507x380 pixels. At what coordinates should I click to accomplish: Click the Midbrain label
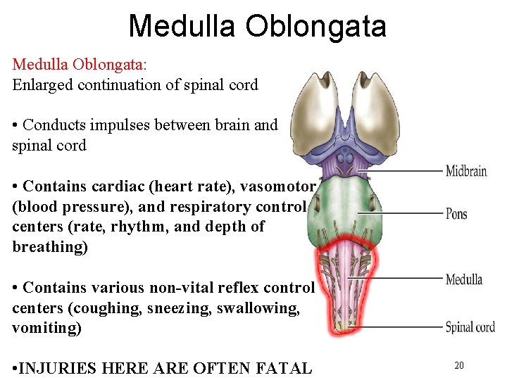[x=465, y=171]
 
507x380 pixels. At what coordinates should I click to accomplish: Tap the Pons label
[x=456, y=214]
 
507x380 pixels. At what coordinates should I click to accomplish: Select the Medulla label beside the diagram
[x=463, y=280]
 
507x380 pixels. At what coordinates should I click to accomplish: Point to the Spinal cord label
[x=470, y=327]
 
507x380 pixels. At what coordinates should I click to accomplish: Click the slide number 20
[x=458, y=365]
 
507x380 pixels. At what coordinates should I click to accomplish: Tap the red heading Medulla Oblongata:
[x=80, y=64]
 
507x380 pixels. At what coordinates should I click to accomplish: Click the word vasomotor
[x=278, y=186]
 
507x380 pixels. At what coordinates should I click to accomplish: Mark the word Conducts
[x=54, y=125]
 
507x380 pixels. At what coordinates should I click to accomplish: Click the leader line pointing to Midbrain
[x=408, y=170]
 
